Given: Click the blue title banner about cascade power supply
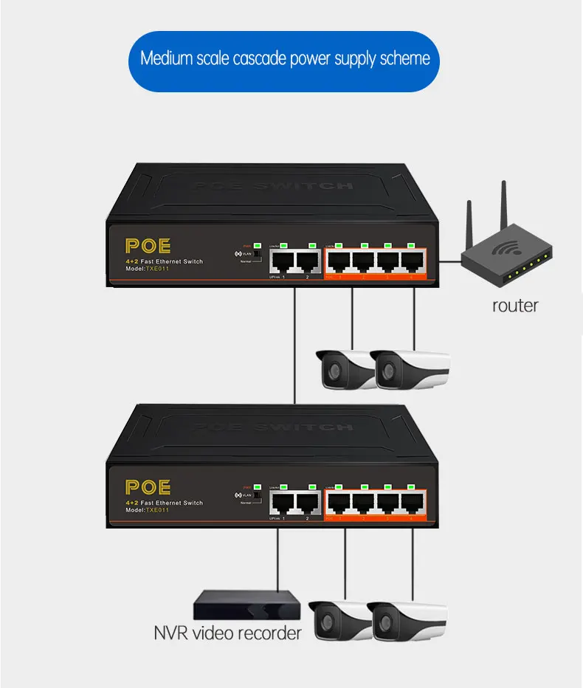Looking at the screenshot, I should click(x=285, y=59).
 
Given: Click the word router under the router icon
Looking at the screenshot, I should click(x=515, y=305).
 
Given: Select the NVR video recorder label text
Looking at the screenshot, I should click(x=227, y=633).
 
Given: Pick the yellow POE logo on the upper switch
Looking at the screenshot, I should click(x=148, y=247).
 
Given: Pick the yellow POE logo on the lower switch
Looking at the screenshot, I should click(x=148, y=487).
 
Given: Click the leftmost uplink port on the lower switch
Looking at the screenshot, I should click(x=281, y=502).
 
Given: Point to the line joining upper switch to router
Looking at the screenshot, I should click(x=449, y=261).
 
